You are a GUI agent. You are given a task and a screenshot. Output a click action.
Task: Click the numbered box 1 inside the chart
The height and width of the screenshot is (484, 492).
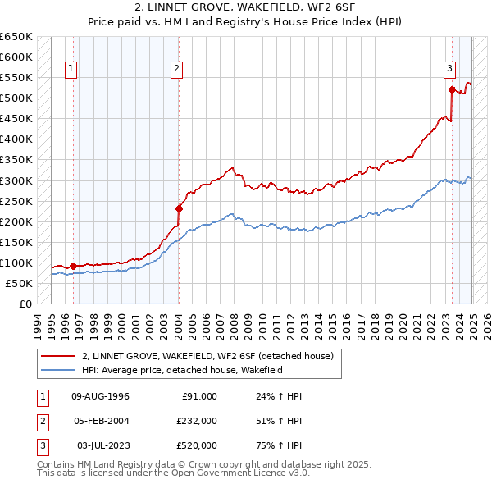point(72,69)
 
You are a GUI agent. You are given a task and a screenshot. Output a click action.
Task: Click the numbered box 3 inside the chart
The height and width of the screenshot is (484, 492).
point(450,69)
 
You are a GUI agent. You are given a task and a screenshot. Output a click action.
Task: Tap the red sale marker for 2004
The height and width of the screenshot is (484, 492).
point(179,208)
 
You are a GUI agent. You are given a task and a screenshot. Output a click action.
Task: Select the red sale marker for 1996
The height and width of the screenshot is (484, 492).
point(73,266)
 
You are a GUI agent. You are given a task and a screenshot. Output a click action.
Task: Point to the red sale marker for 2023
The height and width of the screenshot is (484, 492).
point(452,90)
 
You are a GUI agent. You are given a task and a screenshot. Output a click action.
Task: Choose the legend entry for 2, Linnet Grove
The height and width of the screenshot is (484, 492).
point(207,356)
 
